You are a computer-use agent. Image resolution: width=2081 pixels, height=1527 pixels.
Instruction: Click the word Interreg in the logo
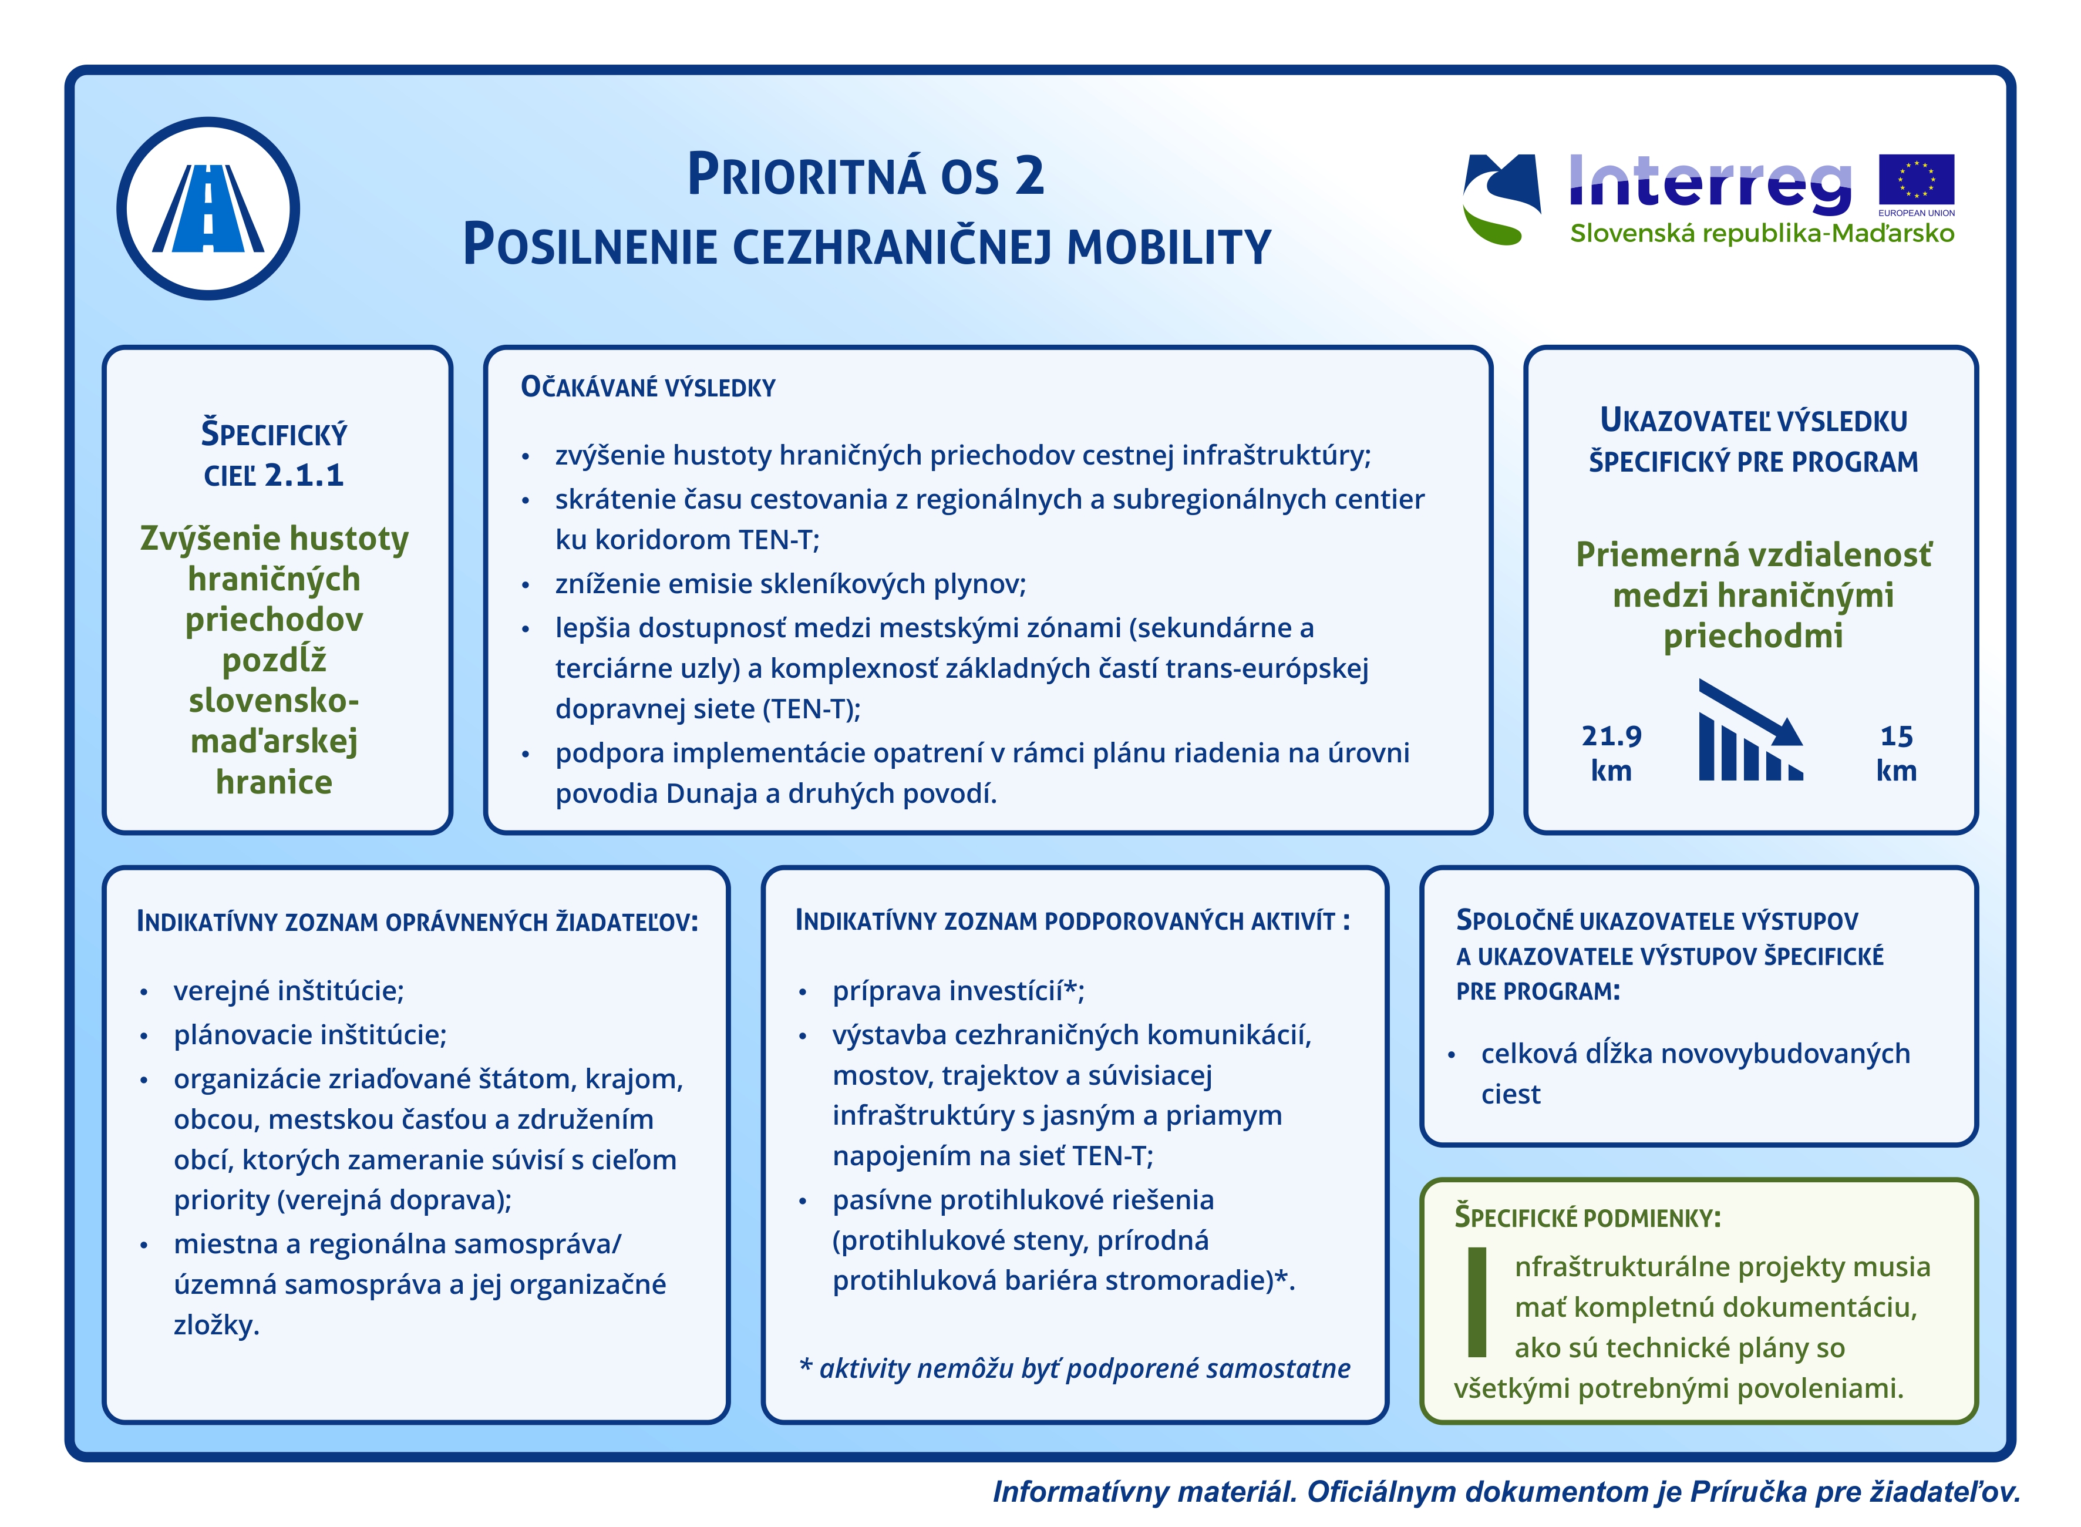click(x=1709, y=182)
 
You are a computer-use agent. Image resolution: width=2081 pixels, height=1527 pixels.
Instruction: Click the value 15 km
click(x=1895, y=752)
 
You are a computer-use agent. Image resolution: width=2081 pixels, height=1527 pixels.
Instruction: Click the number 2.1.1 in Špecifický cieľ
click(x=304, y=475)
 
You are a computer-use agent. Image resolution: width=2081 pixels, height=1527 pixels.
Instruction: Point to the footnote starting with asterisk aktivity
click(x=1074, y=1368)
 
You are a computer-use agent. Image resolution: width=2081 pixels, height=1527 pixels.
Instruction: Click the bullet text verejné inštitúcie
click(x=288, y=991)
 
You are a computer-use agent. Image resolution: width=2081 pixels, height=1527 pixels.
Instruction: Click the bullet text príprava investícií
click(x=957, y=991)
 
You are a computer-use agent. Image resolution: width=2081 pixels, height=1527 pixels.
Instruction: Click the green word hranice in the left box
click(x=274, y=782)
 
